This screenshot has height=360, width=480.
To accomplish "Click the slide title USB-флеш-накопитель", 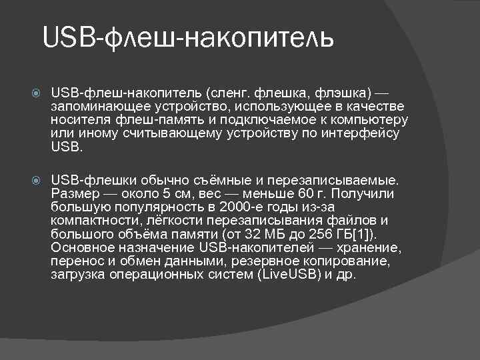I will [187, 39].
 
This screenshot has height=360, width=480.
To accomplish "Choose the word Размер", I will [73, 194].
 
